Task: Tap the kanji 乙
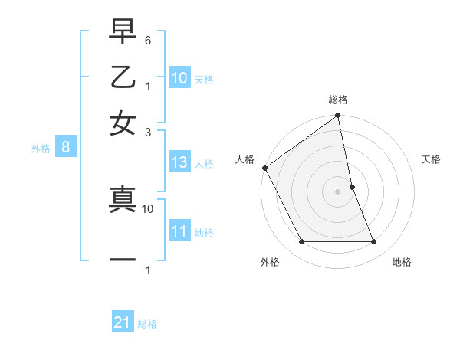pos(123,78)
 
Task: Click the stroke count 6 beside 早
pos(149,39)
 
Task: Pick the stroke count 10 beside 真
pos(149,208)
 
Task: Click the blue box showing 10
pos(179,78)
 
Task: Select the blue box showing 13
pos(179,162)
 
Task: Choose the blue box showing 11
pos(179,231)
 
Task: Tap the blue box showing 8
pos(66,147)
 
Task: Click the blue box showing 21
pos(123,323)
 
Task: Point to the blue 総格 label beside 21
pos(147,324)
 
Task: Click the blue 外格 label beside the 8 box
pos(41,149)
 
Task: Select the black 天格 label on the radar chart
pos(432,159)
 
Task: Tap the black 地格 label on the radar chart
pos(402,262)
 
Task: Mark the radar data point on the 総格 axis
pos(337,116)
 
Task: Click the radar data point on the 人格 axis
pos(265,168)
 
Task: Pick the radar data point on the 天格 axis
pos(352,187)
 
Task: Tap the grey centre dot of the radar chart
pos(337,191)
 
